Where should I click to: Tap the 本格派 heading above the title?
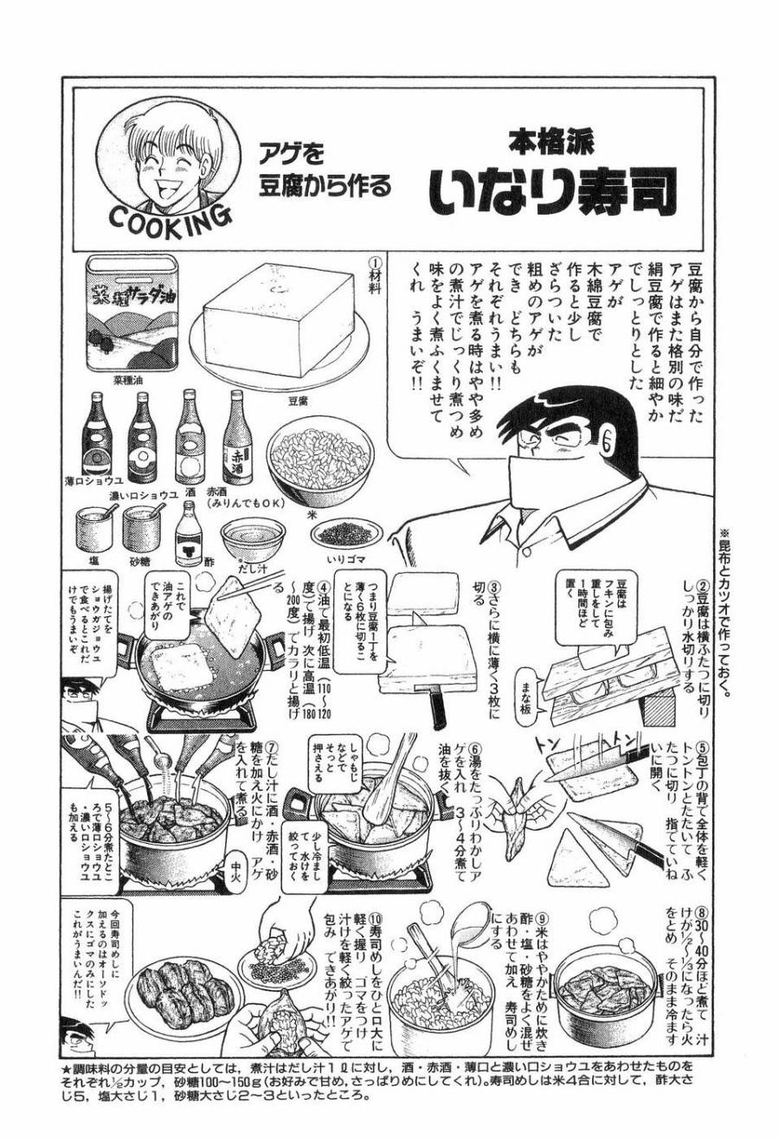[x=555, y=140]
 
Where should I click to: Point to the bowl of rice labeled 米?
[x=319, y=454]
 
